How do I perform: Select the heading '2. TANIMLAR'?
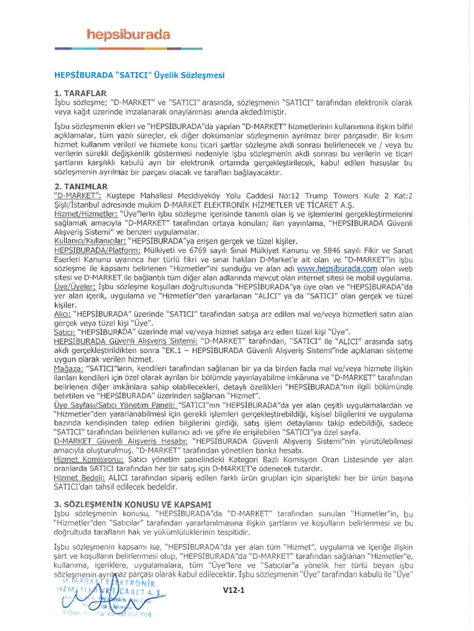click(81, 186)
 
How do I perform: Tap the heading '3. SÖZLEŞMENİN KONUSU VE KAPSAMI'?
click(133, 503)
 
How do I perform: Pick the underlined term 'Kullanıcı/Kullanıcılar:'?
click(89, 241)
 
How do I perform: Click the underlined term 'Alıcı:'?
click(63, 314)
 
